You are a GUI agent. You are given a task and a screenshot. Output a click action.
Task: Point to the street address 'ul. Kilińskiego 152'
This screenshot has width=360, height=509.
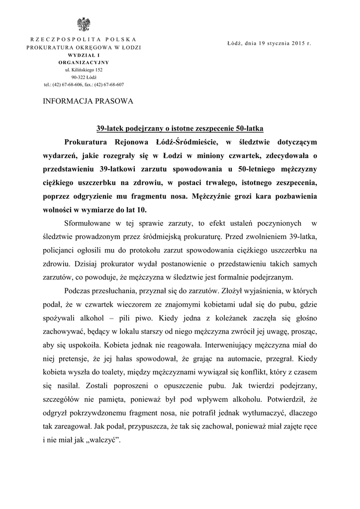click(x=83, y=70)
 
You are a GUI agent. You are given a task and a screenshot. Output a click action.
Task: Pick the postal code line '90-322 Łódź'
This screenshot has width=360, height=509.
click(x=84, y=77)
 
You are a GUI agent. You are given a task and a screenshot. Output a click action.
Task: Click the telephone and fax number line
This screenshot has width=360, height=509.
click(x=84, y=85)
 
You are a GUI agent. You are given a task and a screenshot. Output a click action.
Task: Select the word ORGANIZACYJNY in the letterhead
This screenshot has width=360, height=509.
click(x=84, y=63)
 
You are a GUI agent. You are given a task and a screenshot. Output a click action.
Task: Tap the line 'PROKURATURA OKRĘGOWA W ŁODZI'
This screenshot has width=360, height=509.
click(x=84, y=47)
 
